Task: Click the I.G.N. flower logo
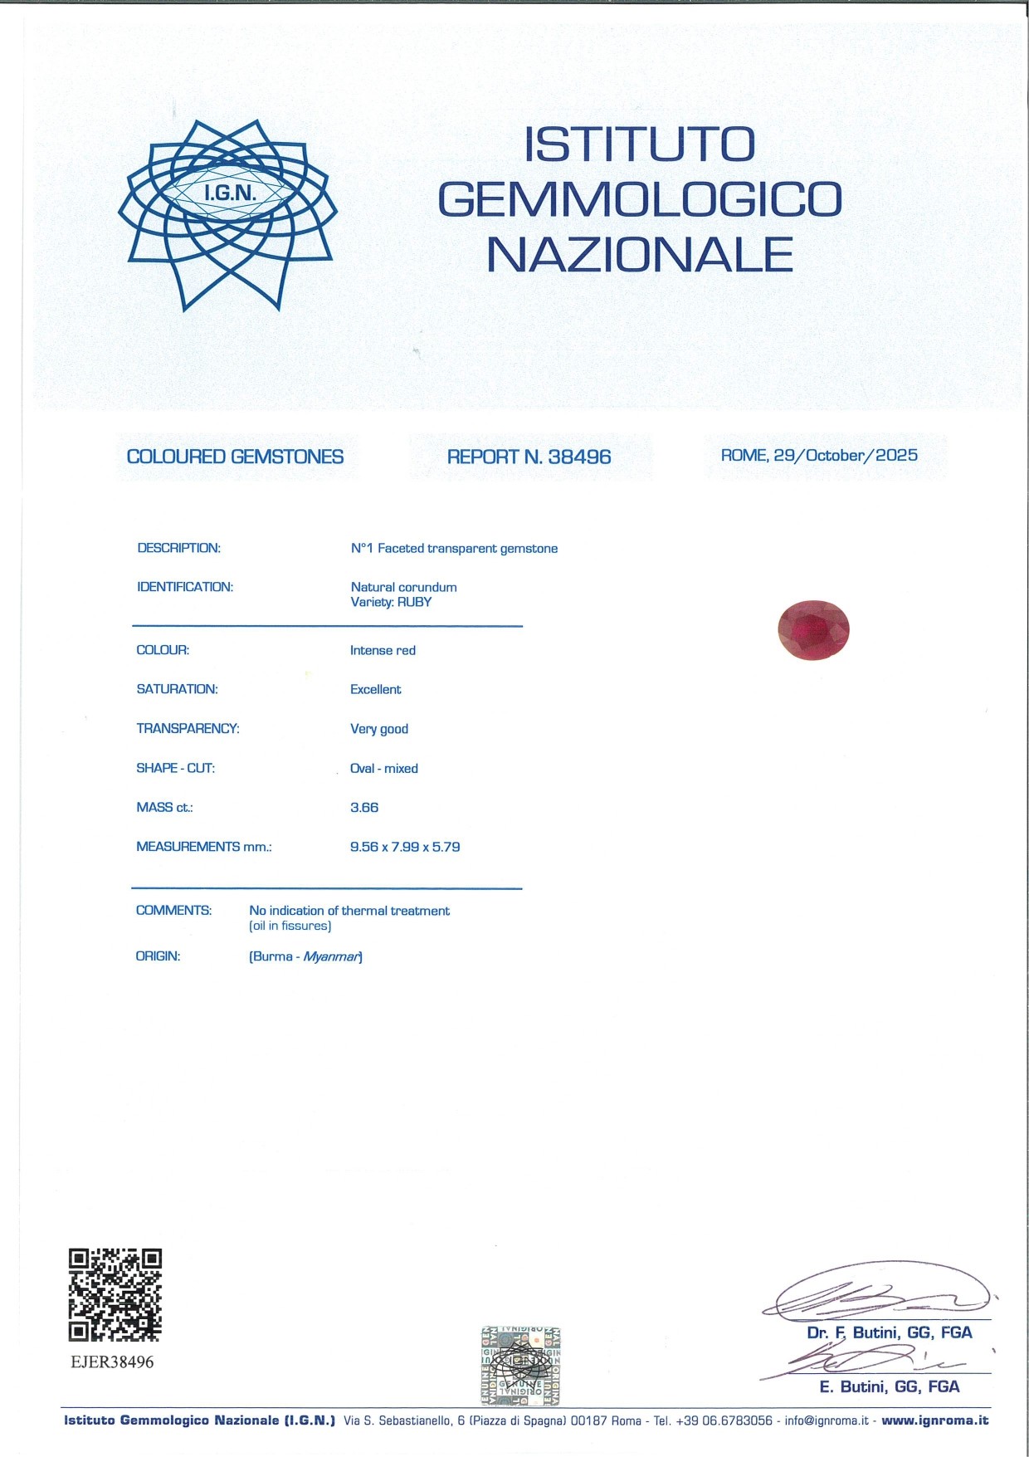point(227,214)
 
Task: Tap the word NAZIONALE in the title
point(640,255)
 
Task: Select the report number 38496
point(579,457)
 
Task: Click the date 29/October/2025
point(846,455)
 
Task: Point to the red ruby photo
point(813,629)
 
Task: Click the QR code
point(115,1294)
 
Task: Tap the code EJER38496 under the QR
point(112,1362)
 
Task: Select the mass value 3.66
point(364,808)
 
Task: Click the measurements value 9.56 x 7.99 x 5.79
point(405,847)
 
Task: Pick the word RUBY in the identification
point(414,602)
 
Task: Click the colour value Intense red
point(383,650)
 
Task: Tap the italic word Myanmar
point(331,956)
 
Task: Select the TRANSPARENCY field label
point(188,728)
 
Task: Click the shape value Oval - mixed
point(384,768)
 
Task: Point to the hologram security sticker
point(520,1366)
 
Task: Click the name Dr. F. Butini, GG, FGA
point(889,1332)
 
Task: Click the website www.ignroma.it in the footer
point(935,1420)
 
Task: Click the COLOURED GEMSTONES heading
point(235,457)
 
